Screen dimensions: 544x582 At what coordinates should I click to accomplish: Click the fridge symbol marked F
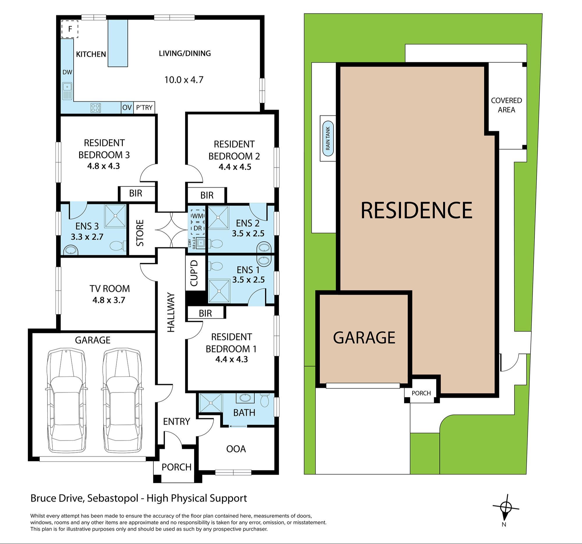point(70,29)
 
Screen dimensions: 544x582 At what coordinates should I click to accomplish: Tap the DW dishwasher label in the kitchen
point(67,72)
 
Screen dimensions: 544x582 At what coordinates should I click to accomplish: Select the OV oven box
point(127,107)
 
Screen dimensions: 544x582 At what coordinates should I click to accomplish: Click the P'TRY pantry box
point(144,107)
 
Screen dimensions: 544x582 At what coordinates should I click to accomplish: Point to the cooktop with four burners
point(96,108)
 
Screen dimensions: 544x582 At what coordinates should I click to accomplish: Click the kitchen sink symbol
point(67,91)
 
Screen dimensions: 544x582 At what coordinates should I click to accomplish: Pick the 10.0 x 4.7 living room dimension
point(184,80)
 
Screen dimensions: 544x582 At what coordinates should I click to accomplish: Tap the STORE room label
point(140,233)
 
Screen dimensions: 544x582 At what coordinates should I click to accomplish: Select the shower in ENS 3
point(115,216)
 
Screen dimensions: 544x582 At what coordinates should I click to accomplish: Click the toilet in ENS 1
point(216,266)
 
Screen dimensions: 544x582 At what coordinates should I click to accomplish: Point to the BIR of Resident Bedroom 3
point(136,193)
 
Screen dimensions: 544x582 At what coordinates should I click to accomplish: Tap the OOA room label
point(236,449)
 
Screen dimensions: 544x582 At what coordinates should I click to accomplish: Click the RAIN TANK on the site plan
point(328,138)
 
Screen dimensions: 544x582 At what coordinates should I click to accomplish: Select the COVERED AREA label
point(506,105)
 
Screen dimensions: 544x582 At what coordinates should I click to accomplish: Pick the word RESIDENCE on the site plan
point(416,210)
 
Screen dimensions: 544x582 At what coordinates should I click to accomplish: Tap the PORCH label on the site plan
point(421,393)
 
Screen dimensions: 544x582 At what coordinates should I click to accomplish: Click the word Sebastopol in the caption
point(112,498)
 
